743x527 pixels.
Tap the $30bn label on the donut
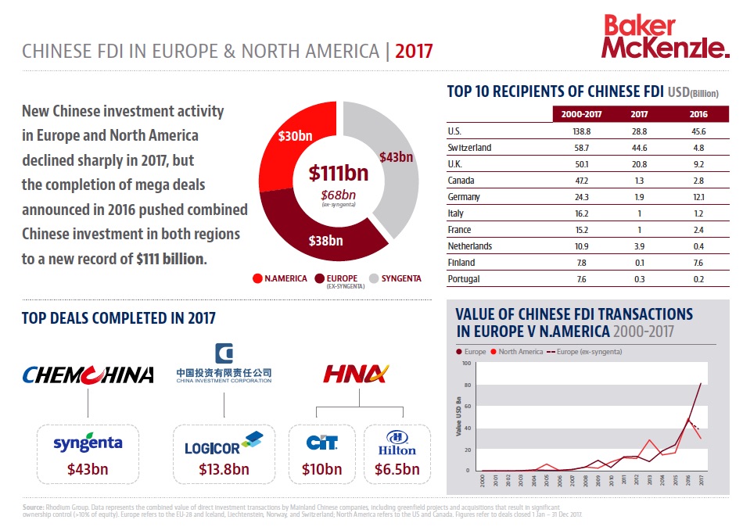[294, 135]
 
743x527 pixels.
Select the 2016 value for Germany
[698, 197]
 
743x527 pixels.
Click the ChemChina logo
[88, 375]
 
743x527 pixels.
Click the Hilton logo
[397, 443]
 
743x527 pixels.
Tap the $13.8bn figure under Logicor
[224, 470]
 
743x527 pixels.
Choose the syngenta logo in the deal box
[88, 443]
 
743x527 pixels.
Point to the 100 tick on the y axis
[467, 364]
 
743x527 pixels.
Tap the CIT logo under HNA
[321, 443]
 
